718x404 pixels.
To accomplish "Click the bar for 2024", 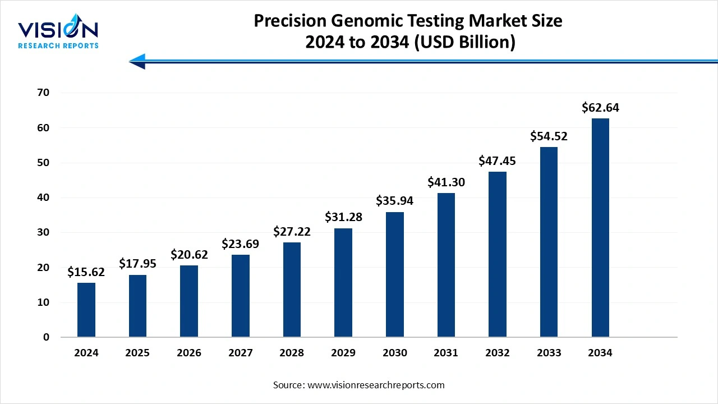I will (x=86, y=310).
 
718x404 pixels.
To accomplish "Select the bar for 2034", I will (x=600, y=228).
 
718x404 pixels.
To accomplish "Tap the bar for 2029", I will (x=343, y=282).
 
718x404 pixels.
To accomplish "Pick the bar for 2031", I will (x=446, y=265).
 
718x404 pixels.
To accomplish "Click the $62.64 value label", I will (x=600, y=107).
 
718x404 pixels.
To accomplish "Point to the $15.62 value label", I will (x=86, y=272).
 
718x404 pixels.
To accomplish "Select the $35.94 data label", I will (x=394, y=201).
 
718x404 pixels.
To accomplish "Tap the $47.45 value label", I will (x=497, y=161).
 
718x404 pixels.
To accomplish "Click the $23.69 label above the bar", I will (x=240, y=244).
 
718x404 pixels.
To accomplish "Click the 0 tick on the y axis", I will (x=47, y=337).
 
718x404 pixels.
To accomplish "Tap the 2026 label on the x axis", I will (x=189, y=353).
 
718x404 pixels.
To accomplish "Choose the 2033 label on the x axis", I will (x=549, y=353).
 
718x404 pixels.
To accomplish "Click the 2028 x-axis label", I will (x=292, y=353).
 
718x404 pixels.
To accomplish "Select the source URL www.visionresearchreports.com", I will (x=376, y=385).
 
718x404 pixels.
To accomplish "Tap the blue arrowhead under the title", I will (x=138, y=61).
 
